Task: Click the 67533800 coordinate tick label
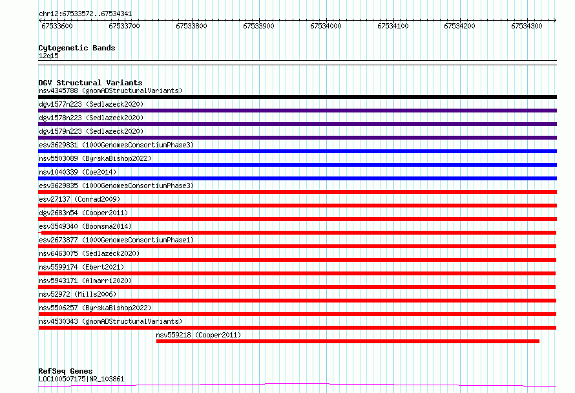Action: (x=191, y=26)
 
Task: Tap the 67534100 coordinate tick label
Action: (x=393, y=26)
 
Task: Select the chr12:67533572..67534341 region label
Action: (x=85, y=14)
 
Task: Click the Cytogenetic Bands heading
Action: (x=77, y=48)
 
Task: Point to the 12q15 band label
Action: (x=48, y=56)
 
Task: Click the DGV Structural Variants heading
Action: (x=90, y=83)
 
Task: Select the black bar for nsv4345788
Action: (x=297, y=97)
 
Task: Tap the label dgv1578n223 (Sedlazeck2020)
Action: (x=91, y=118)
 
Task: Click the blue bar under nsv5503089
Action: (x=297, y=165)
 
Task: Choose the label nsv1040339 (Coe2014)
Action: (x=78, y=172)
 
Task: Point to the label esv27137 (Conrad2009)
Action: (x=79, y=199)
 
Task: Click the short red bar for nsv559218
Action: (x=348, y=341)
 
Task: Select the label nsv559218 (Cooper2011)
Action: (x=198, y=335)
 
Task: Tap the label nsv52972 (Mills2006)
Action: (x=78, y=294)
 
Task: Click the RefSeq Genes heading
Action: (x=65, y=371)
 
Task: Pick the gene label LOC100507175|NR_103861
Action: (x=81, y=379)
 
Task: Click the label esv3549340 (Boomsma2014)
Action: (x=85, y=226)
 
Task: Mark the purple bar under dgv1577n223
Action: (x=297, y=111)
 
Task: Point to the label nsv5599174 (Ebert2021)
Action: (x=81, y=267)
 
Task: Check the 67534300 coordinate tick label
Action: (x=527, y=26)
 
